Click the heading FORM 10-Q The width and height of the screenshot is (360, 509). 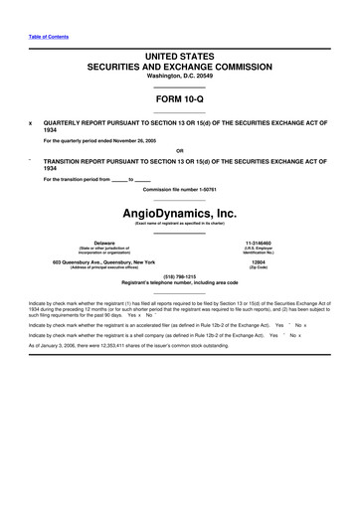180,99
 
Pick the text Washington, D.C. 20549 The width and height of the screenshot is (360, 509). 180,76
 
